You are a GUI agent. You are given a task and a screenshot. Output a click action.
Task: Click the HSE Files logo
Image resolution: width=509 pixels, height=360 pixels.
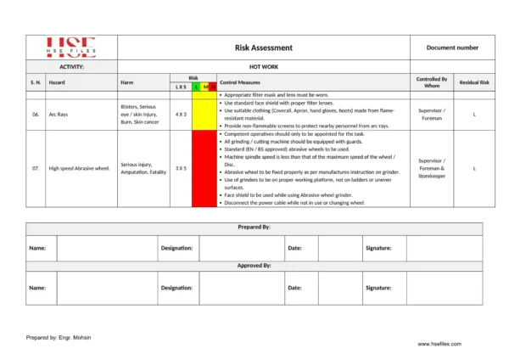[70, 47]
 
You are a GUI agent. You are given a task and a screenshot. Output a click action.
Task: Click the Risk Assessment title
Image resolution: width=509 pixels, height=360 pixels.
[263, 48]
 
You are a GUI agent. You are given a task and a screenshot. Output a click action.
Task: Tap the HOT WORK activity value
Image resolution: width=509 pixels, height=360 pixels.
[263, 65]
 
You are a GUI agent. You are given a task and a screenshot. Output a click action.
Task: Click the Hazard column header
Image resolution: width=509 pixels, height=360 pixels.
[57, 82]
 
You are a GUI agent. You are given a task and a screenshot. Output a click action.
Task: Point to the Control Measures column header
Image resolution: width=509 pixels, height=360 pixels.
[240, 82]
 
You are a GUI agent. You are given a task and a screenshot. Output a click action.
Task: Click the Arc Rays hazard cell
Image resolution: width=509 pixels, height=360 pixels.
[59, 113]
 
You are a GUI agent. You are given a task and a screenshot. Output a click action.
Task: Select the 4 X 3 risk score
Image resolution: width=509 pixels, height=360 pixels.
[181, 113]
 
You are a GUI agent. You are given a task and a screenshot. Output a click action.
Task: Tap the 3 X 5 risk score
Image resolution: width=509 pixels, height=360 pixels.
[181, 168]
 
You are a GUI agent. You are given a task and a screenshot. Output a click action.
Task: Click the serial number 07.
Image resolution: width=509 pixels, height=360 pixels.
[36, 168]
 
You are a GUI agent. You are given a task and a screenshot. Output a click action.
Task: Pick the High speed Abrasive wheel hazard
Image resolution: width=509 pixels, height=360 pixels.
[79, 168]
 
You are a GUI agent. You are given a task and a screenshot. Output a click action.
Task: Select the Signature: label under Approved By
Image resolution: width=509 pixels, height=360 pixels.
[378, 288]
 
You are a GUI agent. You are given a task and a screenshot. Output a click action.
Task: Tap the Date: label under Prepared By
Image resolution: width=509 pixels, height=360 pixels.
[294, 248]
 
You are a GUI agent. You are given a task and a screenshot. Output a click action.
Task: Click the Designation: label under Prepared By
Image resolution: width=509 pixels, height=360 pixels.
[176, 248]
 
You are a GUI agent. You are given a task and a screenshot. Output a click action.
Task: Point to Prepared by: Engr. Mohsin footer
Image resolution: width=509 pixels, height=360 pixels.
[59, 337]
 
